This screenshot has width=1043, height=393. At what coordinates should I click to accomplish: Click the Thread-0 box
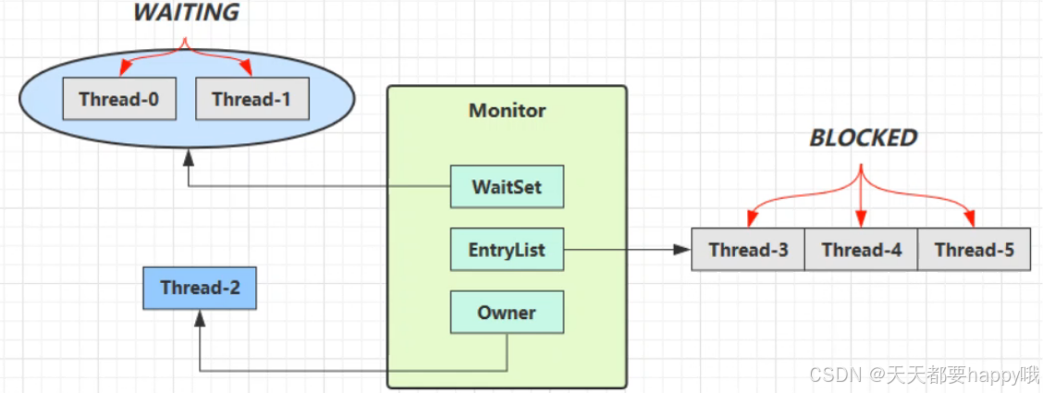tap(119, 99)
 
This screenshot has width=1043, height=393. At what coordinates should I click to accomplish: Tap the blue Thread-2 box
tap(200, 288)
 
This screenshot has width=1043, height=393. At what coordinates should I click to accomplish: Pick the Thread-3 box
tap(748, 250)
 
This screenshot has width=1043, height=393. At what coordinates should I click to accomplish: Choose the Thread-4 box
tap(861, 250)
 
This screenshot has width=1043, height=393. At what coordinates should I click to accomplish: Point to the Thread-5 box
tap(974, 250)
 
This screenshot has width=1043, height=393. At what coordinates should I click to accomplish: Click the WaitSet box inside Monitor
tap(507, 187)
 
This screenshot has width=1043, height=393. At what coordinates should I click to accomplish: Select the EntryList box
tap(507, 250)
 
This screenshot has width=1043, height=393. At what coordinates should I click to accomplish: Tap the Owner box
tap(507, 313)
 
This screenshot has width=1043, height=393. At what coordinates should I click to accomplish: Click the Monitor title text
tap(507, 111)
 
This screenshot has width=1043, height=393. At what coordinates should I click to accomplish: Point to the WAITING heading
tap(186, 13)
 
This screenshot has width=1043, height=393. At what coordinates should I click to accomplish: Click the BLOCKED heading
tap(864, 138)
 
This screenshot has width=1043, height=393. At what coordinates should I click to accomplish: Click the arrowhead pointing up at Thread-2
tap(200, 317)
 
